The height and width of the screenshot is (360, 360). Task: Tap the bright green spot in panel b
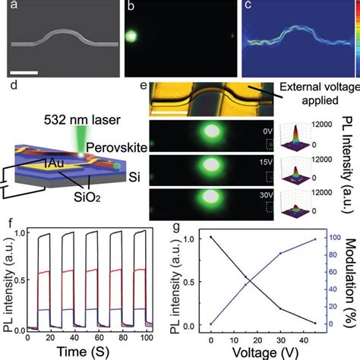(132, 36)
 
